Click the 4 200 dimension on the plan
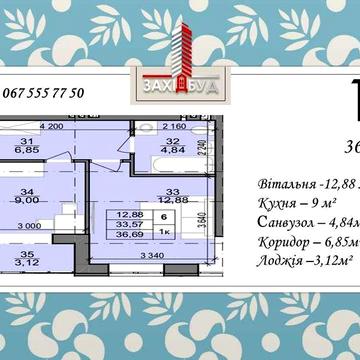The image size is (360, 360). click(52, 127)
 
